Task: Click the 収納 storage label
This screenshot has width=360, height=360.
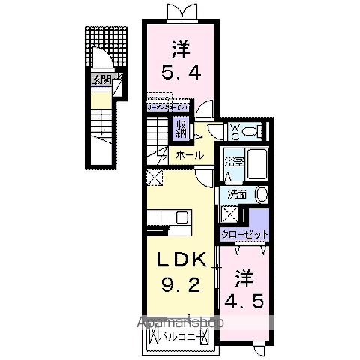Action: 181,128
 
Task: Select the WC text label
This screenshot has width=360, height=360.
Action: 233,132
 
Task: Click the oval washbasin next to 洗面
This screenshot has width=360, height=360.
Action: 260,194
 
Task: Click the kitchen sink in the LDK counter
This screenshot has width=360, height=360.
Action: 181,218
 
